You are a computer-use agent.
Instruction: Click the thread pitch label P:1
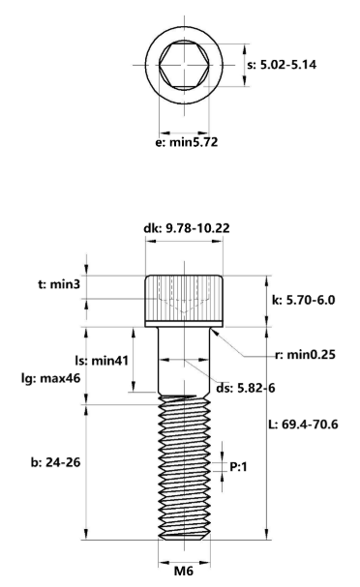[241, 467]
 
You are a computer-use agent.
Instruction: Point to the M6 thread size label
[184, 571]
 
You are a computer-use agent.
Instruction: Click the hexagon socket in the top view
[184, 64]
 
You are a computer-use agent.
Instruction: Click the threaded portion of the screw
[184, 464]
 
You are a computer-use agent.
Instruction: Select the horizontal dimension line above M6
[184, 556]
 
